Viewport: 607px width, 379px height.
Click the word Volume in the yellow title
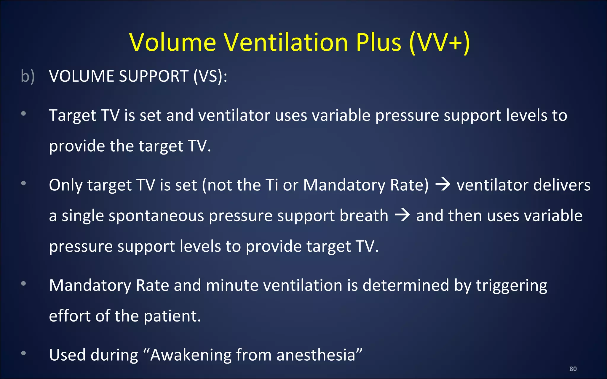[x=173, y=42]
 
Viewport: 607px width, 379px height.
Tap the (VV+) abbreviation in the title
[x=439, y=42]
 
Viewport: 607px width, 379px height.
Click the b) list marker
[x=28, y=76]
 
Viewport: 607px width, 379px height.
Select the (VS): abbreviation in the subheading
[x=210, y=76]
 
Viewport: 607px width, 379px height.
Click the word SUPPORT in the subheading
[x=154, y=76]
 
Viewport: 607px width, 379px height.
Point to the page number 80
[x=573, y=369]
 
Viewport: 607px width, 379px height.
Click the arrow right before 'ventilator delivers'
[x=443, y=185]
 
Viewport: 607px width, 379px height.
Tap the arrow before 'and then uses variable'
[x=402, y=215]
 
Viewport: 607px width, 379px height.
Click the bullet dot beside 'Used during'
[x=23, y=353]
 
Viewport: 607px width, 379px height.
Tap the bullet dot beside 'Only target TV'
[x=23, y=183]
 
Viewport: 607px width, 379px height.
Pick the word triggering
[x=512, y=286]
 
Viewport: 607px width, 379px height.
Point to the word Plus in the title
[x=378, y=42]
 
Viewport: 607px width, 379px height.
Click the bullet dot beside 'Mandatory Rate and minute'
[x=23, y=284]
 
